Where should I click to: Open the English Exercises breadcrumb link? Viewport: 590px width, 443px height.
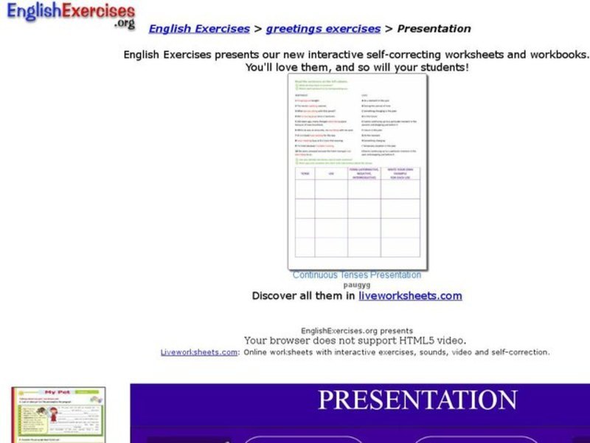[x=199, y=29]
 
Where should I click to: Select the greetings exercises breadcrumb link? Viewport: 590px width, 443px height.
[x=323, y=29]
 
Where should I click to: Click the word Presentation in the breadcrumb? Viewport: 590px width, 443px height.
[x=434, y=29]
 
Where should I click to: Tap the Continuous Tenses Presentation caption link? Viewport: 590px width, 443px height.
[x=357, y=275]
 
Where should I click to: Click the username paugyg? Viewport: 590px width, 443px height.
[x=357, y=284]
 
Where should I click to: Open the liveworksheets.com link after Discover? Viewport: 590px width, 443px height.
[x=410, y=295]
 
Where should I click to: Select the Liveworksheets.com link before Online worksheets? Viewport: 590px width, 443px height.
[x=199, y=352]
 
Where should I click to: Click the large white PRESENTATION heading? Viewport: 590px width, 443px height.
[x=417, y=400]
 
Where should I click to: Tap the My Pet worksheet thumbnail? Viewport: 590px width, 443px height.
[x=58, y=415]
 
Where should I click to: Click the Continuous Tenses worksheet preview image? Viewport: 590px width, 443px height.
[x=357, y=171]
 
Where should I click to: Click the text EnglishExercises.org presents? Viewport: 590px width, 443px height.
[x=357, y=331]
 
